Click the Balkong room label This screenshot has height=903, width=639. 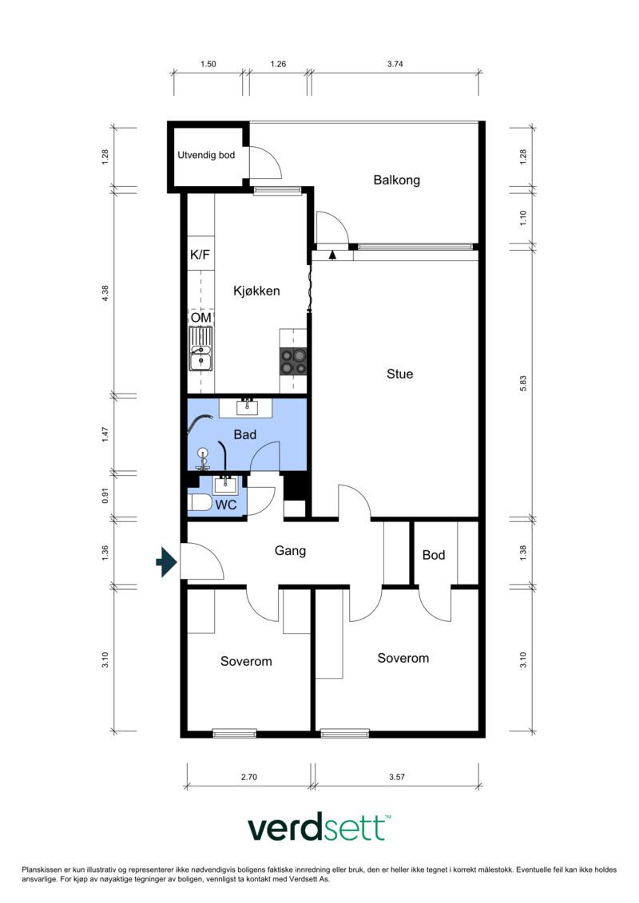click(x=396, y=180)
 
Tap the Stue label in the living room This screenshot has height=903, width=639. click(x=400, y=374)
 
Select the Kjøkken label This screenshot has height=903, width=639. click(x=256, y=291)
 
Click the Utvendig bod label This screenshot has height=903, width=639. click(x=206, y=155)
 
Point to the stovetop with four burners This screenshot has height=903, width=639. click(x=293, y=362)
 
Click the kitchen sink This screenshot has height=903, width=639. click(x=201, y=349)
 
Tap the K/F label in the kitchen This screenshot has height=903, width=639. click(x=200, y=255)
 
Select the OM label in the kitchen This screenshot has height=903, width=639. click(x=201, y=318)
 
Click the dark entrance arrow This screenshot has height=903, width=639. click(x=166, y=562)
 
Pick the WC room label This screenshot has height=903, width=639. click(x=226, y=505)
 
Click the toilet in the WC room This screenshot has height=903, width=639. click(x=200, y=503)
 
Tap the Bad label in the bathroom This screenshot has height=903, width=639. click(x=245, y=435)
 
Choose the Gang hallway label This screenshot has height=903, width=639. click(x=290, y=551)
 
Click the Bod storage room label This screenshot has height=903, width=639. click(x=434, y=555)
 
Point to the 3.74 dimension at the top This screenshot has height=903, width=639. click(x=395, y=64)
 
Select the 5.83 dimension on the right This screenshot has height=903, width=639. click(x=523, y=383)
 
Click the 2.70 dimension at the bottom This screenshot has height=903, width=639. click(x=249, y=777)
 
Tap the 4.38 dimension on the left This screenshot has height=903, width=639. click(x=105, y=293)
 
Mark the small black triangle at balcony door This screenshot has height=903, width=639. click(x=332, y=255)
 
